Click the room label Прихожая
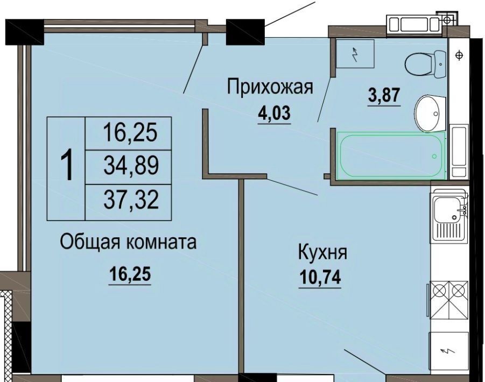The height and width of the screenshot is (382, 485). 270,87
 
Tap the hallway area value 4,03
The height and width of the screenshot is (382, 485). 275,113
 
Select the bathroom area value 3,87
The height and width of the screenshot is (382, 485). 384,95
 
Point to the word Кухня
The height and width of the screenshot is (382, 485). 322,252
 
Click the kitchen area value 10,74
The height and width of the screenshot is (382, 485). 320,277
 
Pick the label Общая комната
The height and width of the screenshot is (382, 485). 128,242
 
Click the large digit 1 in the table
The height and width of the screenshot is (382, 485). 67,164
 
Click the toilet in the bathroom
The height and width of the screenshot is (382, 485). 426,64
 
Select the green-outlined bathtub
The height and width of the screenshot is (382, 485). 391,155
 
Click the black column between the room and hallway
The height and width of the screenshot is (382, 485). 245,32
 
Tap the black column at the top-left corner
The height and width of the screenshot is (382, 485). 25,32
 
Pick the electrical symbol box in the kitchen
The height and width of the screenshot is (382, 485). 448,351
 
